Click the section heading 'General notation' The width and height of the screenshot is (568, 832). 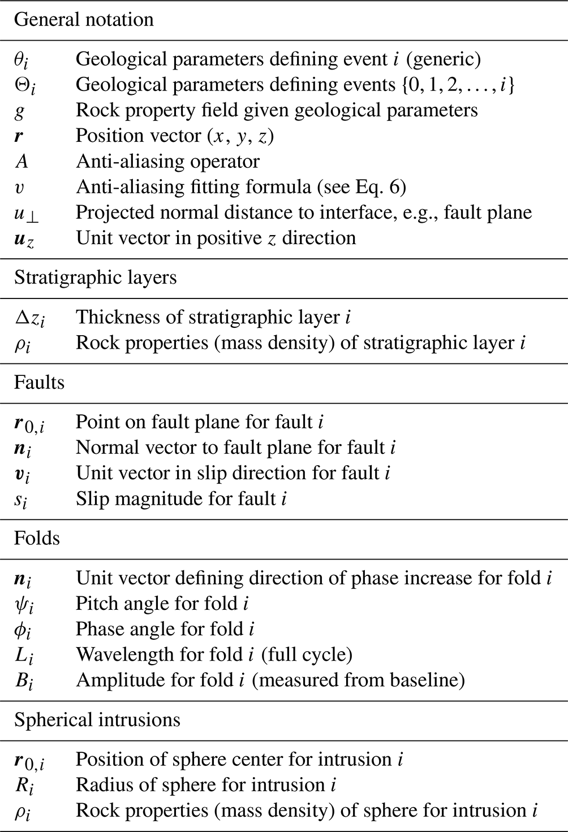click(84, 20)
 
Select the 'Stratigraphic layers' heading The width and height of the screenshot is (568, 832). click(95, 278)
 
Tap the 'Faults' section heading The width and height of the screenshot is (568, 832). click(39, 383)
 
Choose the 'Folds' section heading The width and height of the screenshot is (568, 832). click(37, 538)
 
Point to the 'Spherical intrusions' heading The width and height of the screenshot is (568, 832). click(97, 720)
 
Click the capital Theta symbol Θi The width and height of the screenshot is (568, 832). click(24, 85)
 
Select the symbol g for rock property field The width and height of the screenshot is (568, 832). click(20, 111)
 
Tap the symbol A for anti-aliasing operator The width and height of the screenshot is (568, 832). click(21, 162)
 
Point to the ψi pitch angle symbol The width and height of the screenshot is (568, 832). click(24, 604)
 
